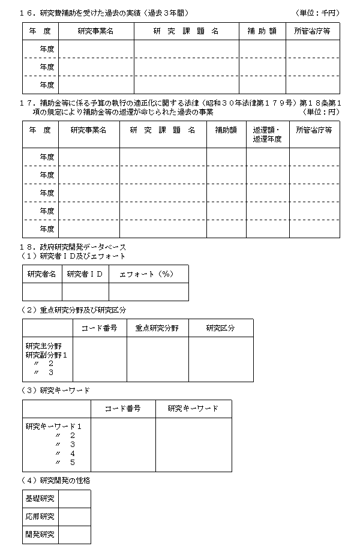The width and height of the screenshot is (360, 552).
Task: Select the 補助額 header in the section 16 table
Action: pyautogui.click(x=262, y=31)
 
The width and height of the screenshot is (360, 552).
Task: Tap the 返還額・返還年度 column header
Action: pyautogui.click(x=268, y=134)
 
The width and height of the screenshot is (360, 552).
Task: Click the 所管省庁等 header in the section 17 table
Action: pyautogui.click(x=314, y=130)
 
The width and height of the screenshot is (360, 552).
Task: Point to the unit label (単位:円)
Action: pyautogui.click(x=320, y=112)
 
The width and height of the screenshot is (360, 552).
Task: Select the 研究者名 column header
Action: pyautogui.click(x=42, y=274)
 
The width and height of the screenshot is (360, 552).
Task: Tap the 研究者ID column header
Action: pyautogui.click(x=85, y=274)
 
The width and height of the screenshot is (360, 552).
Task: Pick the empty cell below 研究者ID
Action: pyautogui.click(x=85, y=292)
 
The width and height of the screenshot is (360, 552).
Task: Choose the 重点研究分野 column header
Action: pyautogui.click(x=157, y=328)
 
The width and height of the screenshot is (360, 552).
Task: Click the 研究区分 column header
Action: pyautogui.click(x=220, y=328)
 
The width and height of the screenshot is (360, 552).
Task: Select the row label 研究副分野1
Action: pyautogui.click(x=46, y=355)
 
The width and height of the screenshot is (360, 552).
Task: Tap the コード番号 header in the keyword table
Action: pyautogui.click(x=123, y=409)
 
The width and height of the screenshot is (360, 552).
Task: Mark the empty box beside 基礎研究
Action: pyautogui.click(x=74, y=499)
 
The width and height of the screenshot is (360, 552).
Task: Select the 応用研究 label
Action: pyautogui.click(x=40, y=517)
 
